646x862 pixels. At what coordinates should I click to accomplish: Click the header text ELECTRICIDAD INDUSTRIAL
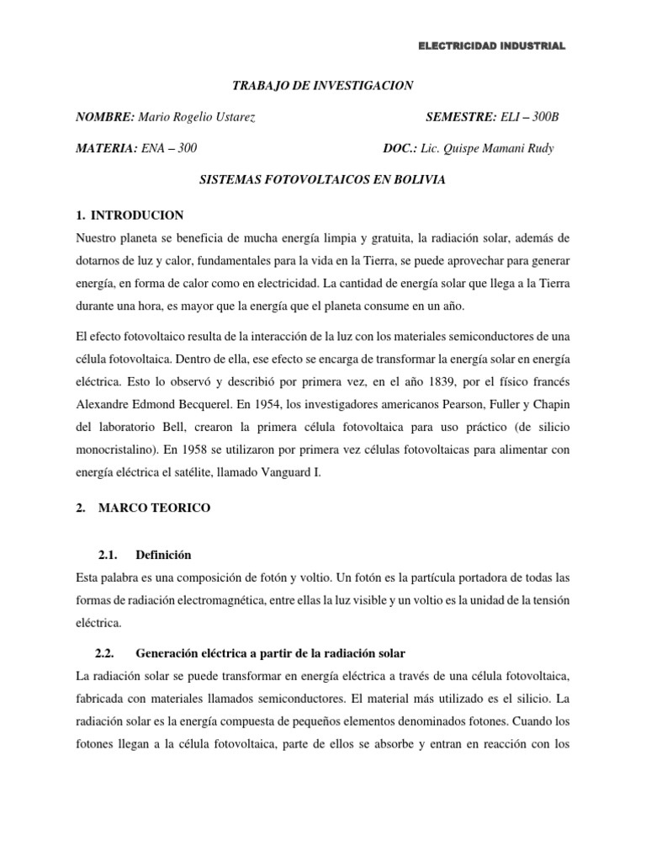click(492, 46)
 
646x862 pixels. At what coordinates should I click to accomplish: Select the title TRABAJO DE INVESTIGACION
click(322, 85)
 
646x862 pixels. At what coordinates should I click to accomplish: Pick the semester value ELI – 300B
click(530, 117)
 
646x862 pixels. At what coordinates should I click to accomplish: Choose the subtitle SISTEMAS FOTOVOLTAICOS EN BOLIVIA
click(322, 180)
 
